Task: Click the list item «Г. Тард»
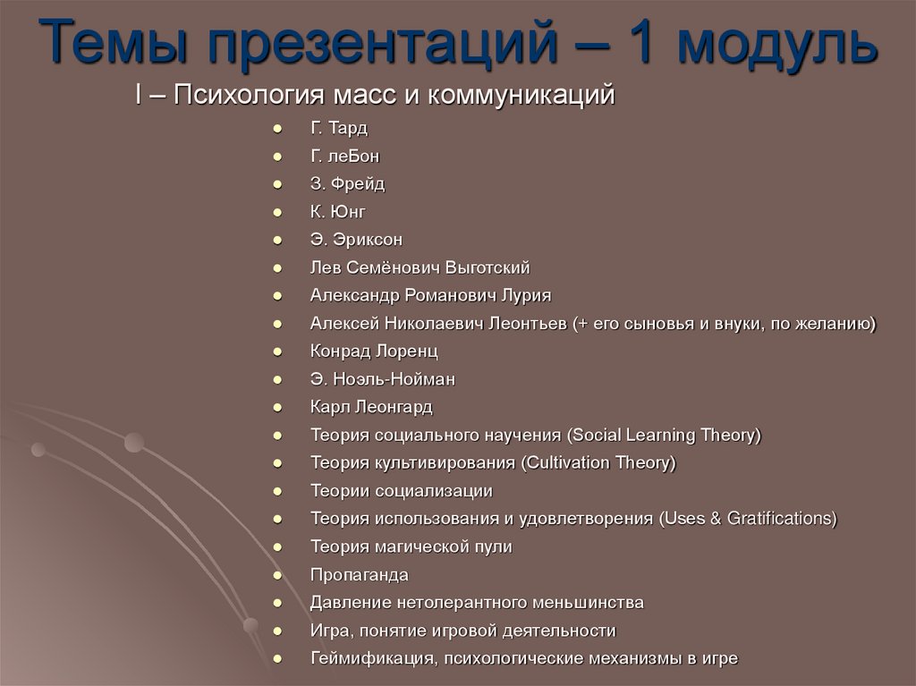pos(339,128)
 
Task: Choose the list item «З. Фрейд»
pos(348,183)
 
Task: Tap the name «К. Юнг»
pos(338,211)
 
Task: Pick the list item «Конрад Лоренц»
pos(374,351)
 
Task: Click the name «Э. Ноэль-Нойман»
pos(383,378)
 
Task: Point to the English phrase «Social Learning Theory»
pos(663,435)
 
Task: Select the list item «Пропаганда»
pos(359,574)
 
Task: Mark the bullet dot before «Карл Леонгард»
pos(279,407)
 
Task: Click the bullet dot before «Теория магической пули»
pos(279,546)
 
